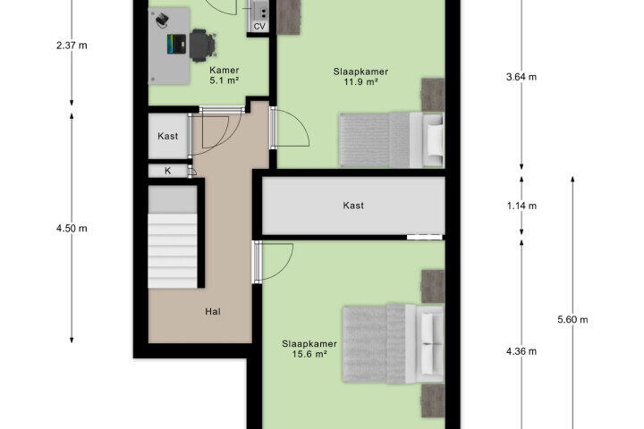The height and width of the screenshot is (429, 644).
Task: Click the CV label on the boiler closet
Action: tap(259, 27)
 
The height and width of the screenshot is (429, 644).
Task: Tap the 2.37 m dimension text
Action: tap(72, 46)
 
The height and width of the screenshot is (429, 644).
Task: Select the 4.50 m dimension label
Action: tap(72, 228)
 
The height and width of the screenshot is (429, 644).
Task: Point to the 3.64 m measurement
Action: tap(521, 77)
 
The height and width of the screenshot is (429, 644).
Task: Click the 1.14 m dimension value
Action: tap(521, 206)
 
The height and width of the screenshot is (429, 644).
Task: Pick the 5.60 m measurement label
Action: tap(572, 319)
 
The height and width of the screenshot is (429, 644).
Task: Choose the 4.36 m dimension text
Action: tap(521, 351)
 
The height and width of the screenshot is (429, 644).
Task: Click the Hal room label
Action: tap(213, 312)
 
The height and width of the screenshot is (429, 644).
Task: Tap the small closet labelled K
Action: tap(168, 171)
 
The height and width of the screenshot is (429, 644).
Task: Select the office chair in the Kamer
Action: tap(201, 45)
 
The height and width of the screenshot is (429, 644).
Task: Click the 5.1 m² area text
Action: tap(225, 80)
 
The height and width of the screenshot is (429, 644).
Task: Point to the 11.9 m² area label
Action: tap(360, 81)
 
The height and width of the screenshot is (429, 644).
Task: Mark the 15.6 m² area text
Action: tap(309, 354)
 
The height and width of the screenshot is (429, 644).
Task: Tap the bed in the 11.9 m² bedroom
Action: tap(392, 139)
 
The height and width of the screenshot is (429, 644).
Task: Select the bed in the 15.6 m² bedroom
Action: tap(394, 344)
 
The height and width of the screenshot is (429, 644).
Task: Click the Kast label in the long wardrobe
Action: tap(353, 206)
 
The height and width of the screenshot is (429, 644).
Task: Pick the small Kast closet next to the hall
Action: tap(168, 136)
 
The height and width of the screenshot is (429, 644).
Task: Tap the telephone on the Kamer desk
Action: tap(161, 20)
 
